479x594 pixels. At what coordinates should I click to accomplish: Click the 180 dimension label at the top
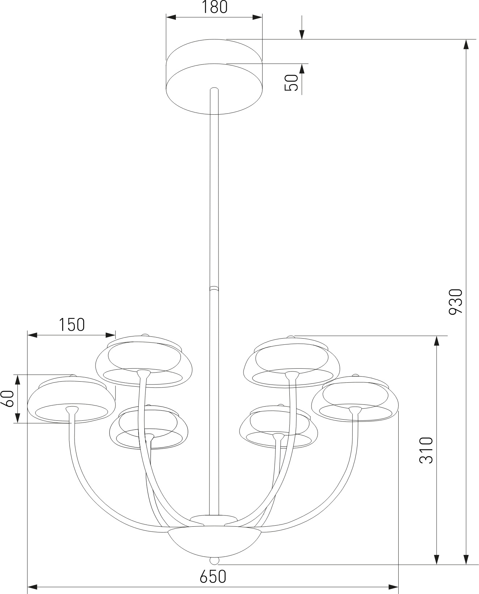215,8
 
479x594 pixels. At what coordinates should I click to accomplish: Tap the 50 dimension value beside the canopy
292,82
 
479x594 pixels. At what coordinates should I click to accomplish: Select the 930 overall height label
456,302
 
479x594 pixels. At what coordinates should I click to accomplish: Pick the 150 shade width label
72,324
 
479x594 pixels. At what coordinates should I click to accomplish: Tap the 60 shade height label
9,399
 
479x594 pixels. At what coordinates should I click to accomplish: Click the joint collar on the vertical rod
214,289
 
